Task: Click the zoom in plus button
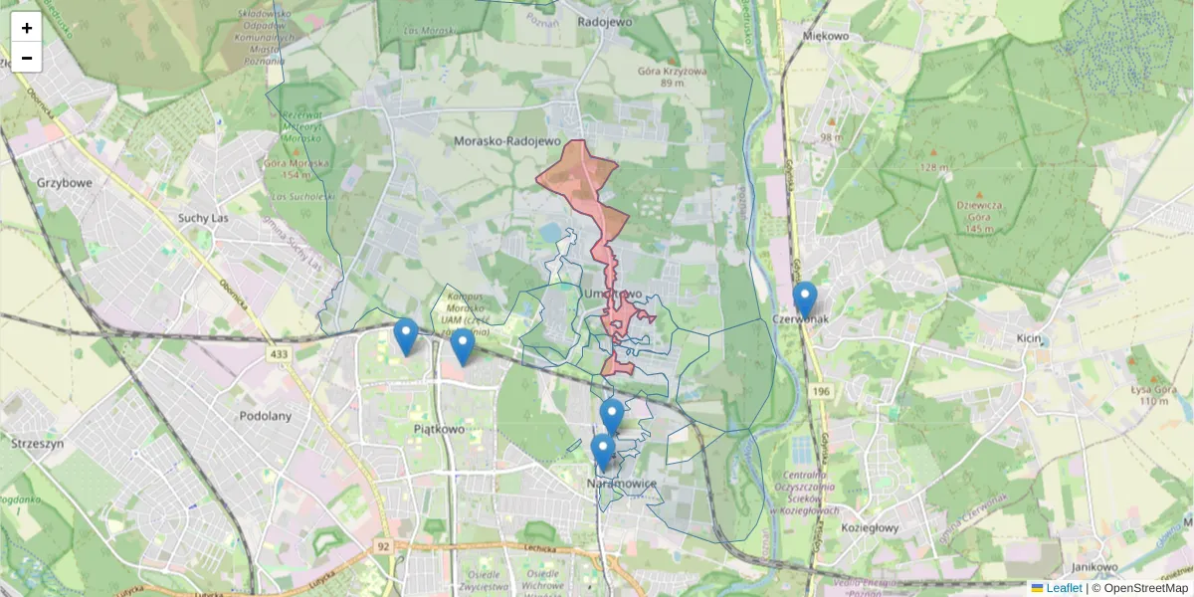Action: pyautogui.click(x=27, y=28)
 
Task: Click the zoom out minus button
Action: pyautogui.click(x=27, y=58)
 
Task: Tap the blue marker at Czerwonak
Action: pyautogui.click(x=805, y=299)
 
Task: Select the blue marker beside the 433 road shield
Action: pyautogui.click(x=405, y=335)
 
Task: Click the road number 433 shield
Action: pyautogui.click(x=279, y=353)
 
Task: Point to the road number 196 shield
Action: pyautogui.click(x=820, y=392)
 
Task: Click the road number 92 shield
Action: pyautogui.click(x=384, y=546)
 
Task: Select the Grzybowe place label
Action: pyautogui.click(x=64, y=183)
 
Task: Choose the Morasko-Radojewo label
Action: pyautogui.click(x=507, y=142)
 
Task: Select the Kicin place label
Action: pyautogui.click(x=1029, y=339)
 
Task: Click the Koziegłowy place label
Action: pyautogui.click(x=870, y=528)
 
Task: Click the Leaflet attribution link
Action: pyautogui.click(x=1063, y=588)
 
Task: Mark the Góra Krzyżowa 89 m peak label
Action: pyautogui.click(x=673, y=78)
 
